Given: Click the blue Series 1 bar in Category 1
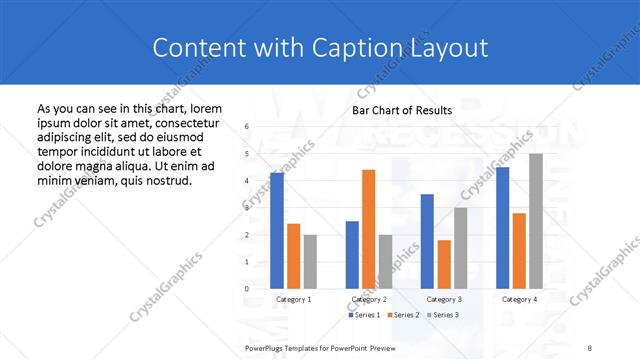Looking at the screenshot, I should click(277, 230).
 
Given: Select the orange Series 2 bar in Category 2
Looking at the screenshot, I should click(368, 229).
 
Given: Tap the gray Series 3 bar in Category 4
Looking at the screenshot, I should click(536, 221).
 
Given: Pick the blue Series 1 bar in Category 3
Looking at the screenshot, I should click(427, 241).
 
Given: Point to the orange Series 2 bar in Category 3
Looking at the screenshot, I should click(444, 264).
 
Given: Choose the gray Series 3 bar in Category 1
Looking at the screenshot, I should click(310, 261).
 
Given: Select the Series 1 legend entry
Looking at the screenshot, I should click(365, 315).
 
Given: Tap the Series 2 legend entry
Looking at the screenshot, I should click(402, 315).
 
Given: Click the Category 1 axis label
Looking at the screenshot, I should click(293, 299).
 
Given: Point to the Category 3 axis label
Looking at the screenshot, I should click(444, 299).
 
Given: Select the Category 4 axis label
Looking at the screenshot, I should click(519, 299).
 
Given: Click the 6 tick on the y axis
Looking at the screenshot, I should click(246, 127).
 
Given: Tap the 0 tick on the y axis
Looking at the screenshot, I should click(246, 289).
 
